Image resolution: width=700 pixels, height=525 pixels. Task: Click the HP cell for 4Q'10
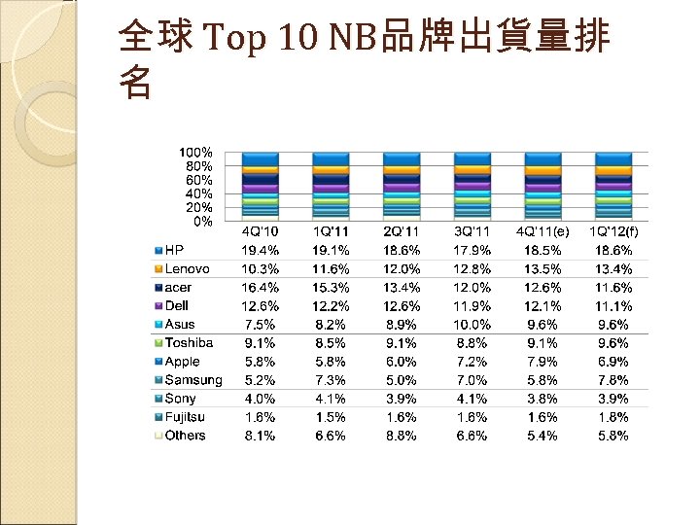click(260, 250)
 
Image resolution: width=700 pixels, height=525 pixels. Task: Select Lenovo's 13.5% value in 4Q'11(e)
click(542, 268)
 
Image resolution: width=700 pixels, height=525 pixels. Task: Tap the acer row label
click(179, 287)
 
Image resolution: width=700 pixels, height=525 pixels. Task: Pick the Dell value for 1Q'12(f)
click(612, 305)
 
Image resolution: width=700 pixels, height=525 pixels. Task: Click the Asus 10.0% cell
click(472, 324)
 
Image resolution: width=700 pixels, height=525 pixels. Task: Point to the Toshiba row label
click(189, 342)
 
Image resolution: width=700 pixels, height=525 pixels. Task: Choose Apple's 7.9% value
click(542, 361)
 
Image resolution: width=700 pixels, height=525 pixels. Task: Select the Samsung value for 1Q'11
click(331, 379)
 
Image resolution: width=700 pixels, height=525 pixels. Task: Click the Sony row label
click(181, 398)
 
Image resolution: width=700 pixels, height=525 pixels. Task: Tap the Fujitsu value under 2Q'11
click(402, 416)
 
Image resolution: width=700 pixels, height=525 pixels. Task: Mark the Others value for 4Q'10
click(260, 435)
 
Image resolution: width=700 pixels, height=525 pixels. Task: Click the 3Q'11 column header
click(472, 231)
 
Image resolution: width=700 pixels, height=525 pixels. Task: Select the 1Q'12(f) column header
click(612, 231)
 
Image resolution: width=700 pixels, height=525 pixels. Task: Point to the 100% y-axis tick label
click(195, 153)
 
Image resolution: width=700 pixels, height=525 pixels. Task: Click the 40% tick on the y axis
click(198, 193)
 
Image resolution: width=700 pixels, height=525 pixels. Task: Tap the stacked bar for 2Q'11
click(402, 186)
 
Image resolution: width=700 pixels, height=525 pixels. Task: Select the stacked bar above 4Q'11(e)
click(542, 186)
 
